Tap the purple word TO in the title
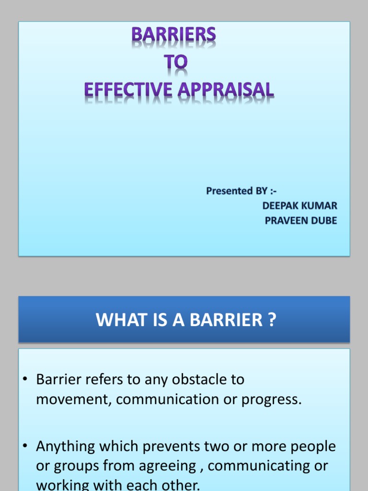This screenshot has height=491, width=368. click(177, 62)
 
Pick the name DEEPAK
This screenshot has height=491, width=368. click(279, 206)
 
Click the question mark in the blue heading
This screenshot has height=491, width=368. click(272, 320)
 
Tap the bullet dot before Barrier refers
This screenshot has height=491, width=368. click(26, 380)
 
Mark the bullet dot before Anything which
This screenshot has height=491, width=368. click(26, 447)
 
